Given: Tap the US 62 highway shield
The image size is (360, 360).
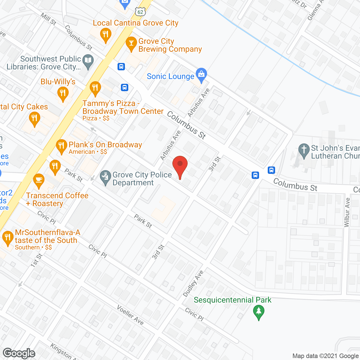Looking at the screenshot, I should click(x=140, y=12).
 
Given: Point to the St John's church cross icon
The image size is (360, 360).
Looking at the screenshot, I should click(x=304, y=150).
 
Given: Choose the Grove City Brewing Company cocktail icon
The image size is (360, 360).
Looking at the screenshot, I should click(x=131, y=44).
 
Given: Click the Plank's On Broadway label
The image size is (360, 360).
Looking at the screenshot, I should click(x=105, y=145).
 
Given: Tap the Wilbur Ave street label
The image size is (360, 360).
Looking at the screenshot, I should click(x=347, y=212).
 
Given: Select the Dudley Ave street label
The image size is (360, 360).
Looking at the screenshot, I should click(x=193, y=283).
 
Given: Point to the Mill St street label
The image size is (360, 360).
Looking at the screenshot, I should click(x=48, y=19).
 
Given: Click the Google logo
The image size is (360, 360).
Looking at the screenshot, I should click(x=19, y=353).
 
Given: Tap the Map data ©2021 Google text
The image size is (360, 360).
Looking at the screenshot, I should click(x=326, y=356).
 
